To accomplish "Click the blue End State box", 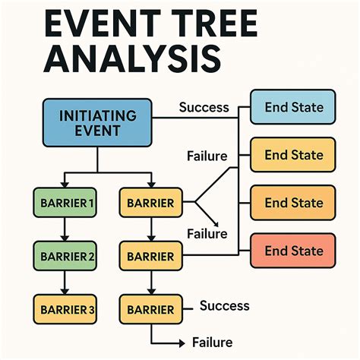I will coord(293,107).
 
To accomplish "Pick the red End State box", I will coord(293,251).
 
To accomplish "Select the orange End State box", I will coord(293,203).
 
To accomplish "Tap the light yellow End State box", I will coord(293,155).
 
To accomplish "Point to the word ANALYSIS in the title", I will coord(122,60).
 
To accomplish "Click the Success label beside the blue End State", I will coord(204,106).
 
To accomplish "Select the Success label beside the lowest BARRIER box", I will coord(224,305).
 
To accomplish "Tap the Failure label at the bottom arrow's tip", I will coord(212,343).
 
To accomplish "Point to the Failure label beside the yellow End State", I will coord(207,156).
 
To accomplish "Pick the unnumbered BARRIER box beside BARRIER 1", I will coord(150,203).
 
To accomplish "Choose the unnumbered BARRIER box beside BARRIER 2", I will coord(150,255).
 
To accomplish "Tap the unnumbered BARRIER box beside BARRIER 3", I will coord(150,309).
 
